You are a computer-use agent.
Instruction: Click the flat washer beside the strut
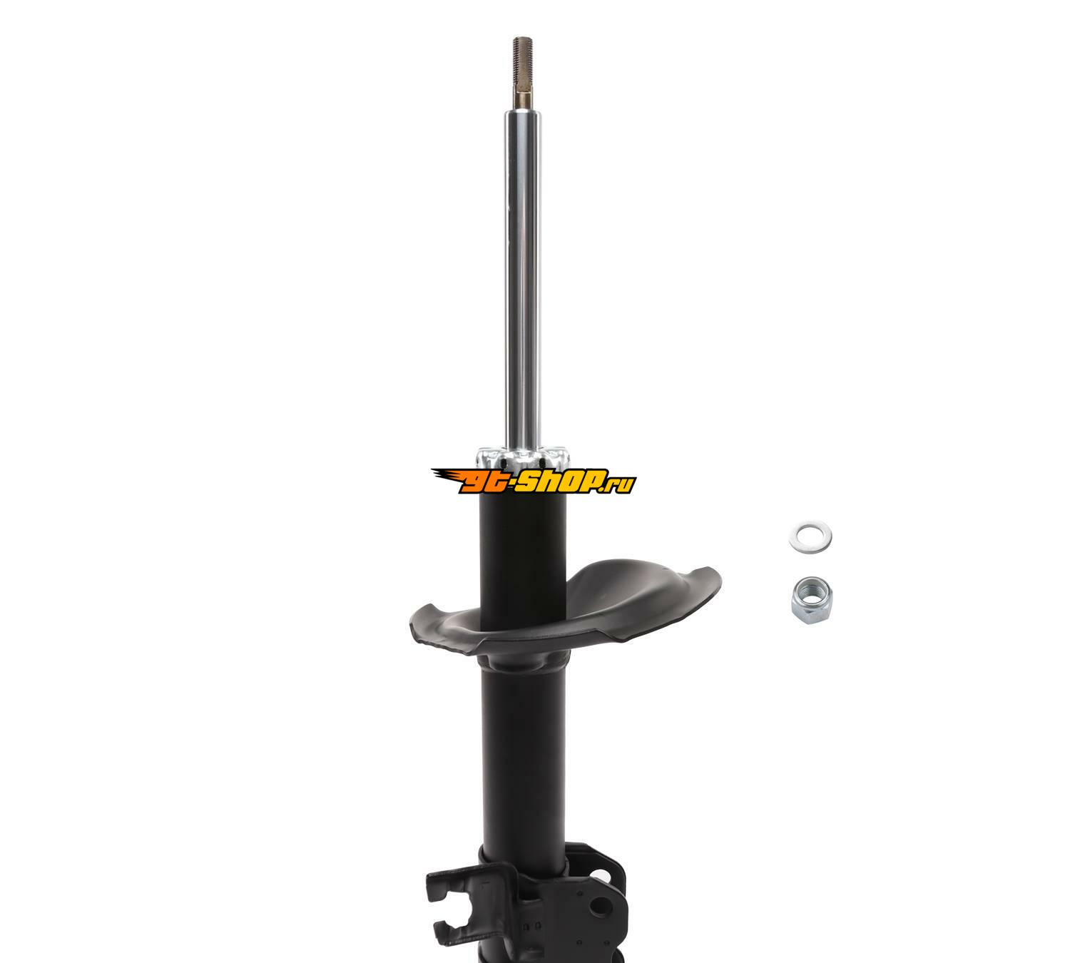coord(810,537)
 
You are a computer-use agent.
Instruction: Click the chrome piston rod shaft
coord(523,277)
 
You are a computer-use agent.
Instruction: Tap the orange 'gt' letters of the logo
coord(482,482)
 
